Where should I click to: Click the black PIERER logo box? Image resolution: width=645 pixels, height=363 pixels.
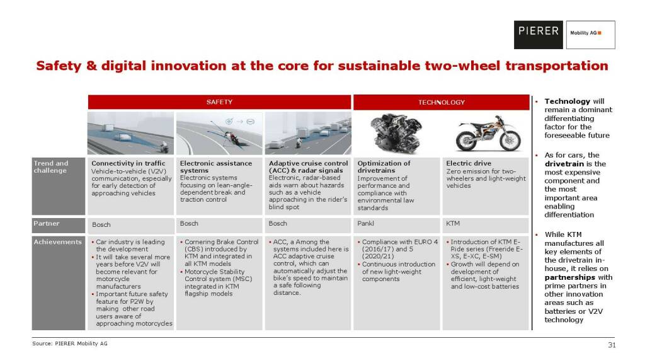click(538, 35)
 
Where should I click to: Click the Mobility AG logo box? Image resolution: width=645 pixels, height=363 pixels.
click(590, 35)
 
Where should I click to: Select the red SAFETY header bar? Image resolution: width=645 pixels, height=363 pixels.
click(219, 101)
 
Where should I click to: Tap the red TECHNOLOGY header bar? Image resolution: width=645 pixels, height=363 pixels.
click(441, 102)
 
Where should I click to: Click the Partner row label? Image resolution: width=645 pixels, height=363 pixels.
click(59, 226)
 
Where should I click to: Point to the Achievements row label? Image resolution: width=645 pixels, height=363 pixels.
click(59, 283)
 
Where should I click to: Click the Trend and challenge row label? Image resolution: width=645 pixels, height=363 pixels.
click(59, 186)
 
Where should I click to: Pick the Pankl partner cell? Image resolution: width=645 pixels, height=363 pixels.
click(397, 226)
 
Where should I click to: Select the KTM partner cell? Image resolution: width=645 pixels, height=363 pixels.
click(486, 226)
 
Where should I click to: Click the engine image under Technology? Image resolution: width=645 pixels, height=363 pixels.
click(396, 133)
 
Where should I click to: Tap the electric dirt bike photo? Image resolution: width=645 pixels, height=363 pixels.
click(488, 133)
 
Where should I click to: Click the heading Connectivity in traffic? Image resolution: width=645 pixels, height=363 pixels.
click(128, 163)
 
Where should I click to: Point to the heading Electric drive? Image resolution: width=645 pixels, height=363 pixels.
click(469, 163)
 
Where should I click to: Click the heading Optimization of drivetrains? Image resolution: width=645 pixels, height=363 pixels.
click(384, 166)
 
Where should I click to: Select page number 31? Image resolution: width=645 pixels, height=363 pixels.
click(612, 345)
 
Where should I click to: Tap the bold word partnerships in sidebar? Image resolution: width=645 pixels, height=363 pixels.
click(569, 277)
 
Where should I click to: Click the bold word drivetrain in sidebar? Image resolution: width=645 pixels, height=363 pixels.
click(564, 164)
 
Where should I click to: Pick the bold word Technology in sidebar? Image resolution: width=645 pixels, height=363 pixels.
click(568, 101)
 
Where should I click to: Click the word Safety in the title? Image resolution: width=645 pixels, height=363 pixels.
click(59, 66)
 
